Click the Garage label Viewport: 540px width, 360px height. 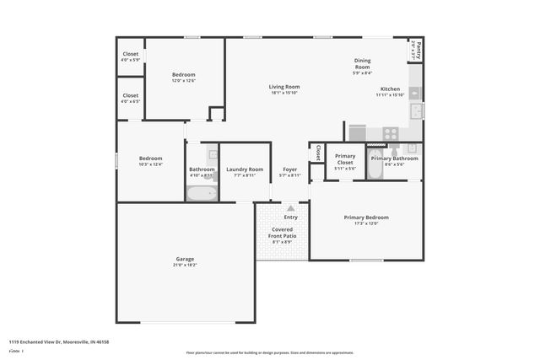185,259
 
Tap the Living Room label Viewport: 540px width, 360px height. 284,87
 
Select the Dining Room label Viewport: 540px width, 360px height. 362,63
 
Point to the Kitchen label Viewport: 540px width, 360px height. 390,89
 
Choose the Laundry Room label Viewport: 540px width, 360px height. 245,169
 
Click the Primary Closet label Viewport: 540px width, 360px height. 345,159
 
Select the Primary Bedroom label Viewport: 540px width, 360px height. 365,218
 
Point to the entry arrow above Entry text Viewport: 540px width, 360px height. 291,207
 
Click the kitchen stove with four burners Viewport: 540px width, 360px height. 391,133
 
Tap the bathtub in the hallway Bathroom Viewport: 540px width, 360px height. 201,193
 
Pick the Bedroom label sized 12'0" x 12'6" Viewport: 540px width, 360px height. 183,75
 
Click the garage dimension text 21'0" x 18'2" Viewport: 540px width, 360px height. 185,265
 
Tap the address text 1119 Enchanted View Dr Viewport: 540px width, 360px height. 59,341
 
